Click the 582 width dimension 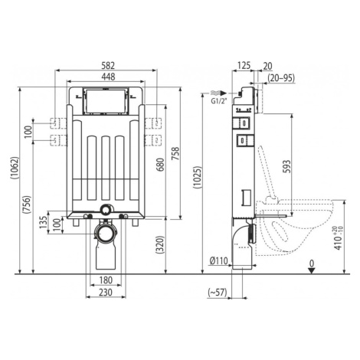[x=108, y=66]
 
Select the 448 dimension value [x=108, y=77]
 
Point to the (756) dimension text [x=27, y=205]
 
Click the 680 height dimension [x=160, y=165]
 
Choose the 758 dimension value [x=175, y=154]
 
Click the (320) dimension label [x=160, y=244]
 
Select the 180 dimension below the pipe [x=106, y=280]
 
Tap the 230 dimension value [x=106, y=293]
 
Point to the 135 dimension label [x=44, y=222]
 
